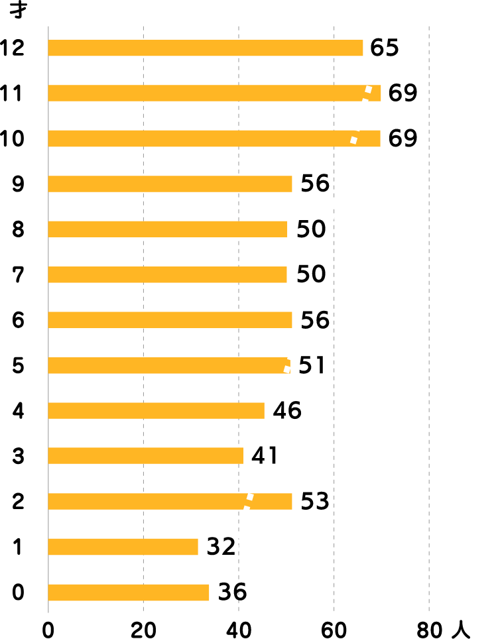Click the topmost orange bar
206,48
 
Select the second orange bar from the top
214,93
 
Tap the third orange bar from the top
214,139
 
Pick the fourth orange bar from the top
170,184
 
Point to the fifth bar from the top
168,229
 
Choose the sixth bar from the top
167,274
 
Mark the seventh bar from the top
170,319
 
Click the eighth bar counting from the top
168,365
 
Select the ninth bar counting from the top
156,410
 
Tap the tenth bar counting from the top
146,455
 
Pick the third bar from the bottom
170,501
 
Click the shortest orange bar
123,547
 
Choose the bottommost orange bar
129,593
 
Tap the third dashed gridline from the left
334,398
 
